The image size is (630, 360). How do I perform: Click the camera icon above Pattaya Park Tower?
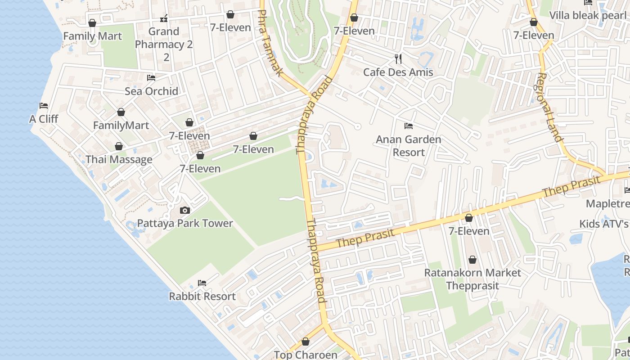click(x=184, y=210)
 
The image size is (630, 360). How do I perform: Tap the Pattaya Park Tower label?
click(x=185, y=223)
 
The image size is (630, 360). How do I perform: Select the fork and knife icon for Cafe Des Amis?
click(x=398, y=58)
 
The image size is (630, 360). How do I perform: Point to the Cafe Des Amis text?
click(x=398, y=72)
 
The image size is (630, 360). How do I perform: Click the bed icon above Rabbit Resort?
click(x=202, y=283)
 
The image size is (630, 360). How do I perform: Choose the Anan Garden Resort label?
click(x=409, y=146)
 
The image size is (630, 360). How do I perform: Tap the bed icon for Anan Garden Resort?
click(x=409, y=126)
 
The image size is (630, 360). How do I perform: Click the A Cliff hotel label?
click(x=44, y=119)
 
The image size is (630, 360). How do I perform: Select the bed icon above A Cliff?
click(x=44, y=106)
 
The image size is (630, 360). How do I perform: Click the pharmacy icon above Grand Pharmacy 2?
click(x=164, y=18)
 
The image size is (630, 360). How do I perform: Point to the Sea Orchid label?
click(x=151, y=91)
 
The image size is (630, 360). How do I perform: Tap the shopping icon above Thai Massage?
click(x=119, y=146)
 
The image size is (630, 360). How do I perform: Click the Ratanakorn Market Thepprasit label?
click(x=472, y=279)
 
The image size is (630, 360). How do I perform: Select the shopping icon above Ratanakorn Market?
click(x=472, y=260)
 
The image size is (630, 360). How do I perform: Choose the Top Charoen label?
click(x=306, y=355)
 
